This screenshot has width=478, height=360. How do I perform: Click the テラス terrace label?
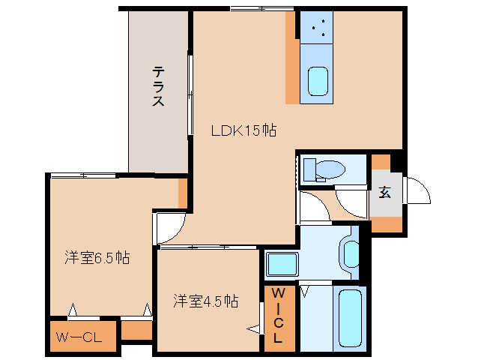(158, 86)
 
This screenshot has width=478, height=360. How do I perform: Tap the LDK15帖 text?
(243, 130)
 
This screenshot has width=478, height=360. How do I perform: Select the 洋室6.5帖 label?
(97, 257)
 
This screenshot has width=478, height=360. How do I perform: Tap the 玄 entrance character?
(384, 192)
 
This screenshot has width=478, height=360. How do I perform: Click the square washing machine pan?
(282, 265)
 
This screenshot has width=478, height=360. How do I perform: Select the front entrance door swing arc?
(417, 191)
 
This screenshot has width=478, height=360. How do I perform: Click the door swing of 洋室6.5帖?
(170, 227)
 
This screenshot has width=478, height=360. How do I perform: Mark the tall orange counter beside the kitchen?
(291, 58)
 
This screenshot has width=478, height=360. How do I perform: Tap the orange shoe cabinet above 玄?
(381, 161)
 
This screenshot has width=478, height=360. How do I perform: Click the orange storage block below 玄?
(386, 224)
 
